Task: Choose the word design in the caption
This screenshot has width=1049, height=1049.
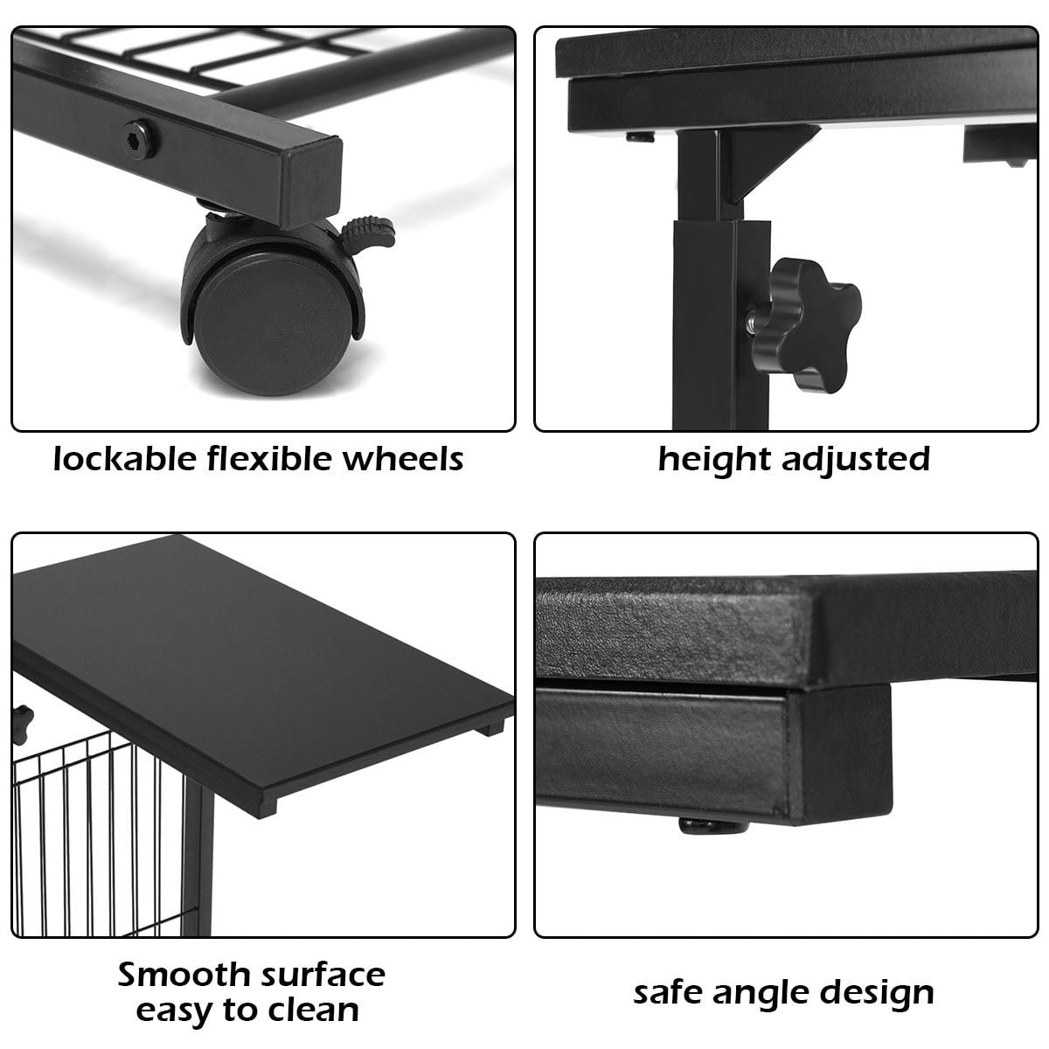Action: [x=879, y=993]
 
